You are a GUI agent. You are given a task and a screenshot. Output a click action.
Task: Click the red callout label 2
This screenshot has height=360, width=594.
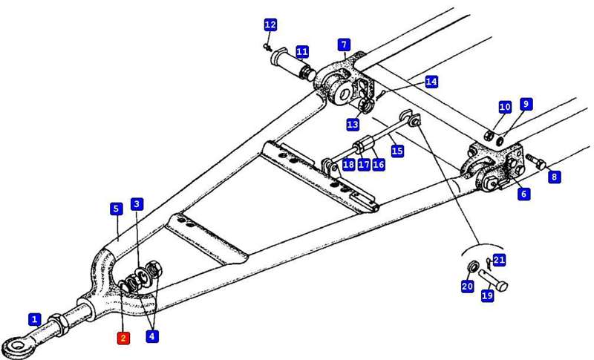[123, 338]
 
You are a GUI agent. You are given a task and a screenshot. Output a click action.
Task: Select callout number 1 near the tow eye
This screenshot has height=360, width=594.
[35, 320]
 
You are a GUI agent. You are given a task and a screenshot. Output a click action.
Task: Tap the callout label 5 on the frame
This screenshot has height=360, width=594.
[116, 209]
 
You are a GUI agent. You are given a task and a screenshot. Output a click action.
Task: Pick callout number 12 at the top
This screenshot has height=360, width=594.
[270, 25]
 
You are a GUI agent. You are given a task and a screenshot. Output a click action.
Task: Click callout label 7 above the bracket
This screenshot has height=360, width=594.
[345, 45]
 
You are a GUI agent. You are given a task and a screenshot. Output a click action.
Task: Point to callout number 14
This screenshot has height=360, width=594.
[431, 82]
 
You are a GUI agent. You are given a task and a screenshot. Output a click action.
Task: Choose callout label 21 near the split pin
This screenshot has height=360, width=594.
[499, 260]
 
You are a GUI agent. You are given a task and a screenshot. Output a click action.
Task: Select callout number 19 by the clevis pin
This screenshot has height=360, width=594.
[487, 295]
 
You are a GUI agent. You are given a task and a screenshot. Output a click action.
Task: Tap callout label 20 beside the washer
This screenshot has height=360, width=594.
[467, 287]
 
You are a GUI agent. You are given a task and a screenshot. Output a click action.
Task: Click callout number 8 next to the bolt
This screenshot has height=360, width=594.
[555, 177]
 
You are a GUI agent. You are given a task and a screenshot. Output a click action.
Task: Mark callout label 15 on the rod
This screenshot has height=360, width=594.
[397, 151]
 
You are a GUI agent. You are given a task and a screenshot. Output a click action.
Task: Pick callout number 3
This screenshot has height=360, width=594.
[137, 204]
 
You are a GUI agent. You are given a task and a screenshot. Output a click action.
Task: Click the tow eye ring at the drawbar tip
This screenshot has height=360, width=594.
[14, 346]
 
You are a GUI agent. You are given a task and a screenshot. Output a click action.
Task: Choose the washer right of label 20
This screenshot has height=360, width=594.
[472, 268]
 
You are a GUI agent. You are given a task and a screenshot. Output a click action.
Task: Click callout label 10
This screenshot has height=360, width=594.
[505, 108]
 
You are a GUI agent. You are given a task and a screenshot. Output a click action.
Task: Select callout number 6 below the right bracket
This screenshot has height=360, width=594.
[524, 194]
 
